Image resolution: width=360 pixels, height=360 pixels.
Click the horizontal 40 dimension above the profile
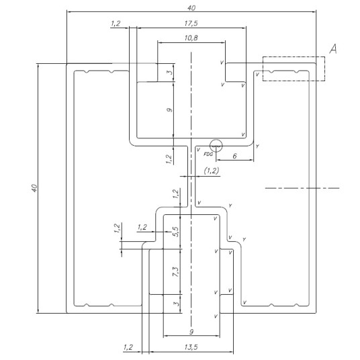[191, 8]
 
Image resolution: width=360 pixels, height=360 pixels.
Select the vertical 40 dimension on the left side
[34, 188]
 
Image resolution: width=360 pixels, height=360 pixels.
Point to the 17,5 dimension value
[191, 24]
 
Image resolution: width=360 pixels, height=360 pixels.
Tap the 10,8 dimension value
[191, 38]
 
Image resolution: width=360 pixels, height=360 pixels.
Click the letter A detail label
[333, 49]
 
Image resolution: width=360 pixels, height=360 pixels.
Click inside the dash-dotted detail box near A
[294, 69]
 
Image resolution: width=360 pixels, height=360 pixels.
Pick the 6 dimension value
[234, 156]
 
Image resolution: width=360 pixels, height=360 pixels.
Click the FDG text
[208, 154]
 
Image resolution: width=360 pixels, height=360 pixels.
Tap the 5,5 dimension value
[176, 232]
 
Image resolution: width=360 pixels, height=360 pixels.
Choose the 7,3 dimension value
[176, 271]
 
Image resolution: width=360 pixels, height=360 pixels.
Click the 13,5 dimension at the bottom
[191, 347]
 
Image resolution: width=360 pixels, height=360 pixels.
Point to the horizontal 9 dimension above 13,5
[191, 332]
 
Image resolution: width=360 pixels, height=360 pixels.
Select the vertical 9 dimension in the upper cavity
[169, 109]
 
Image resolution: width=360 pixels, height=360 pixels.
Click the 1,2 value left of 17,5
[116, 24]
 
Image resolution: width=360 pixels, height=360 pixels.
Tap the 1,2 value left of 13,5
[128, 347]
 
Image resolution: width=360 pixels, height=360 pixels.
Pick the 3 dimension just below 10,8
[169, 72]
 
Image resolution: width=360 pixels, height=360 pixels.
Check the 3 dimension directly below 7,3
[176, 304]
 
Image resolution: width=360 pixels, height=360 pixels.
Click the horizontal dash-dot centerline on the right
[302, 188]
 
